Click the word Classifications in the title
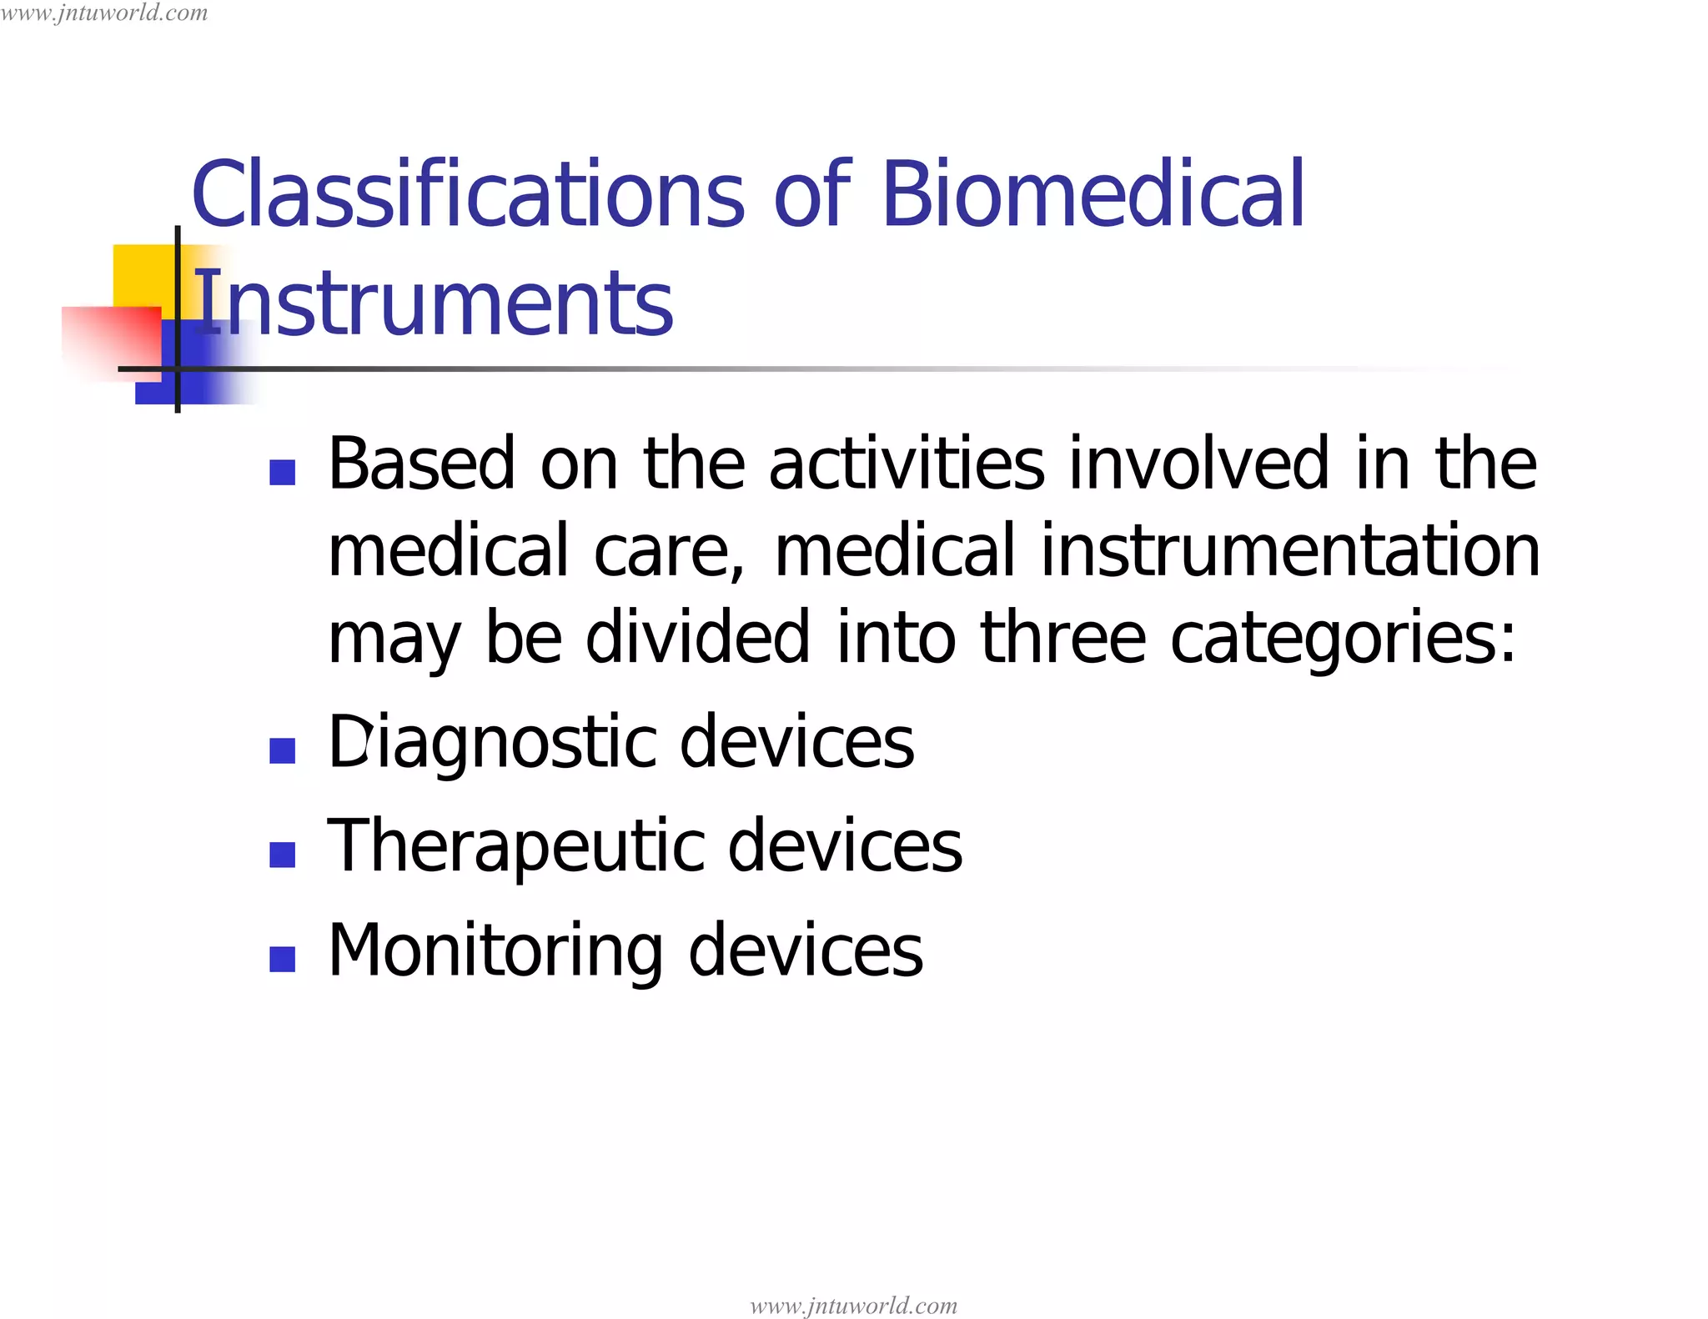(467, 194)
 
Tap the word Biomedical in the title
(1092, 194)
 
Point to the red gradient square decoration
(111, 342)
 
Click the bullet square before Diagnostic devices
(283, 750)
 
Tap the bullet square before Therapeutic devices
(283, 855)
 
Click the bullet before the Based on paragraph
(283, 473)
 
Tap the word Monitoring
(495, 950)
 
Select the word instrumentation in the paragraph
(1289, 550)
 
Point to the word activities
(906, 464)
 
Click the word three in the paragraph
(1062, 638)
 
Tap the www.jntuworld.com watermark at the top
(104, 13)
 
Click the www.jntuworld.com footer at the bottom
(853, 1305)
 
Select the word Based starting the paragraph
(421, 464)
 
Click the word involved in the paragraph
(1199, 464)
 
